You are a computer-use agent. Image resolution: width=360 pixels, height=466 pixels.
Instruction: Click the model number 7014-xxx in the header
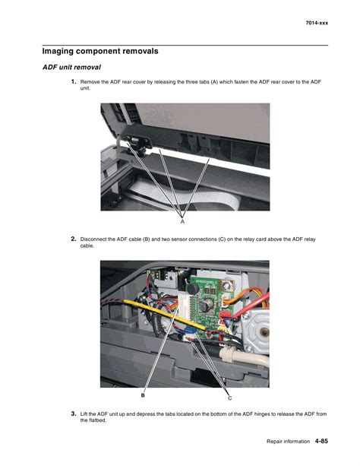point(317,23)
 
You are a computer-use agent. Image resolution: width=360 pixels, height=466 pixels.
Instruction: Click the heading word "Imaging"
point(58,52)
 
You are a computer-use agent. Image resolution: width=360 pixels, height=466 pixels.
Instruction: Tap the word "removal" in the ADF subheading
point(89,67)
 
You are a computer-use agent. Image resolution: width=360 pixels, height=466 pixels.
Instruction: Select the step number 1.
point(74,81)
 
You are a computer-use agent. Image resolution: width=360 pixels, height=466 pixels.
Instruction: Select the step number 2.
point(74,239)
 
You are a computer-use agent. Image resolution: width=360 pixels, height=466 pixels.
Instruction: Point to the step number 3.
point(74,414)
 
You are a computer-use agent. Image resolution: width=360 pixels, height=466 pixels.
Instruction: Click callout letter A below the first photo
point(182,221)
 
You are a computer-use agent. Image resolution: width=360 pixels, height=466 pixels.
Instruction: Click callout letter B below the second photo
point(143,395)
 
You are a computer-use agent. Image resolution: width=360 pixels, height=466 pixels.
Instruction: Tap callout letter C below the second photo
point(229,398)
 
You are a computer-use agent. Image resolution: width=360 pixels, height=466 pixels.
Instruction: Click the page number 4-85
point(321,441)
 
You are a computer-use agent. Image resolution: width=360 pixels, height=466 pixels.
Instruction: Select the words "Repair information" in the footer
point(288,442)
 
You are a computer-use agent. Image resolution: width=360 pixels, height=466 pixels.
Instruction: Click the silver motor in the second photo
point(256,330)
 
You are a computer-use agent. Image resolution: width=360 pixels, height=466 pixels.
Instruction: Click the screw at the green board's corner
point(226,286)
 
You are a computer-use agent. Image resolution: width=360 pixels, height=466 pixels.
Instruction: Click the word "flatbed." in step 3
point(97,420)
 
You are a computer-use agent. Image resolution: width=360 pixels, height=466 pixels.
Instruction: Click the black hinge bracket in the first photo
point(138,138)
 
